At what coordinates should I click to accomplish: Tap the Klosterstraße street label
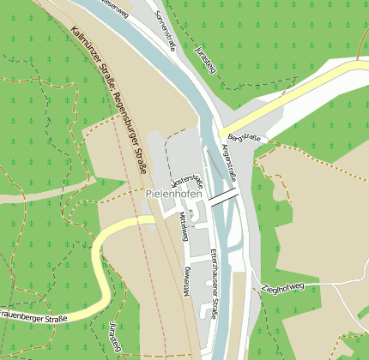(x=188, y=181)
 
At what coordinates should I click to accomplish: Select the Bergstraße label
(x=245, y=137)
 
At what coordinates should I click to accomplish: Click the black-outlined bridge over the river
(x=224, y=195)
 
